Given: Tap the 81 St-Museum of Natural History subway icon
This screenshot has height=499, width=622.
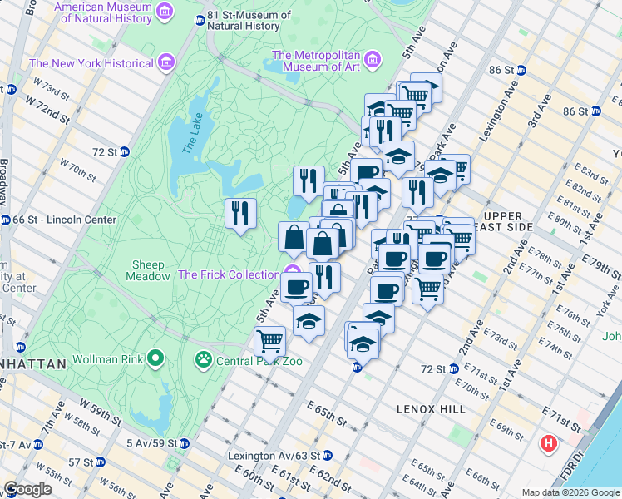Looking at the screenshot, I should click(x=200, y=21).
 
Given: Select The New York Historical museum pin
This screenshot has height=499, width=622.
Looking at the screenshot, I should click(x=165, y=62).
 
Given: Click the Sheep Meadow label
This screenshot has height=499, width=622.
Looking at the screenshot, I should click(x=148, y=270).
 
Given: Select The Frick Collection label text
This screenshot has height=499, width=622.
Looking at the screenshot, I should click(x=229, y=274).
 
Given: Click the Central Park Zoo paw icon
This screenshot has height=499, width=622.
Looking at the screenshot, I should click(x=203, y=360).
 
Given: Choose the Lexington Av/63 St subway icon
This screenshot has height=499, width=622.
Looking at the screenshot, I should click(x=328, y=456).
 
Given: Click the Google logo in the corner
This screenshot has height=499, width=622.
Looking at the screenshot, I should click(x=27, y=488).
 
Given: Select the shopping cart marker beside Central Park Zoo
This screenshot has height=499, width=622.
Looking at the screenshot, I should click(x=269, y=340).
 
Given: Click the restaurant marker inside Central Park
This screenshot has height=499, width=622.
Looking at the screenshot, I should click(x=240, y=213).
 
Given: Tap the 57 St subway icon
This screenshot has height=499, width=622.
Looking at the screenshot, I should click(x=101, y=462).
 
